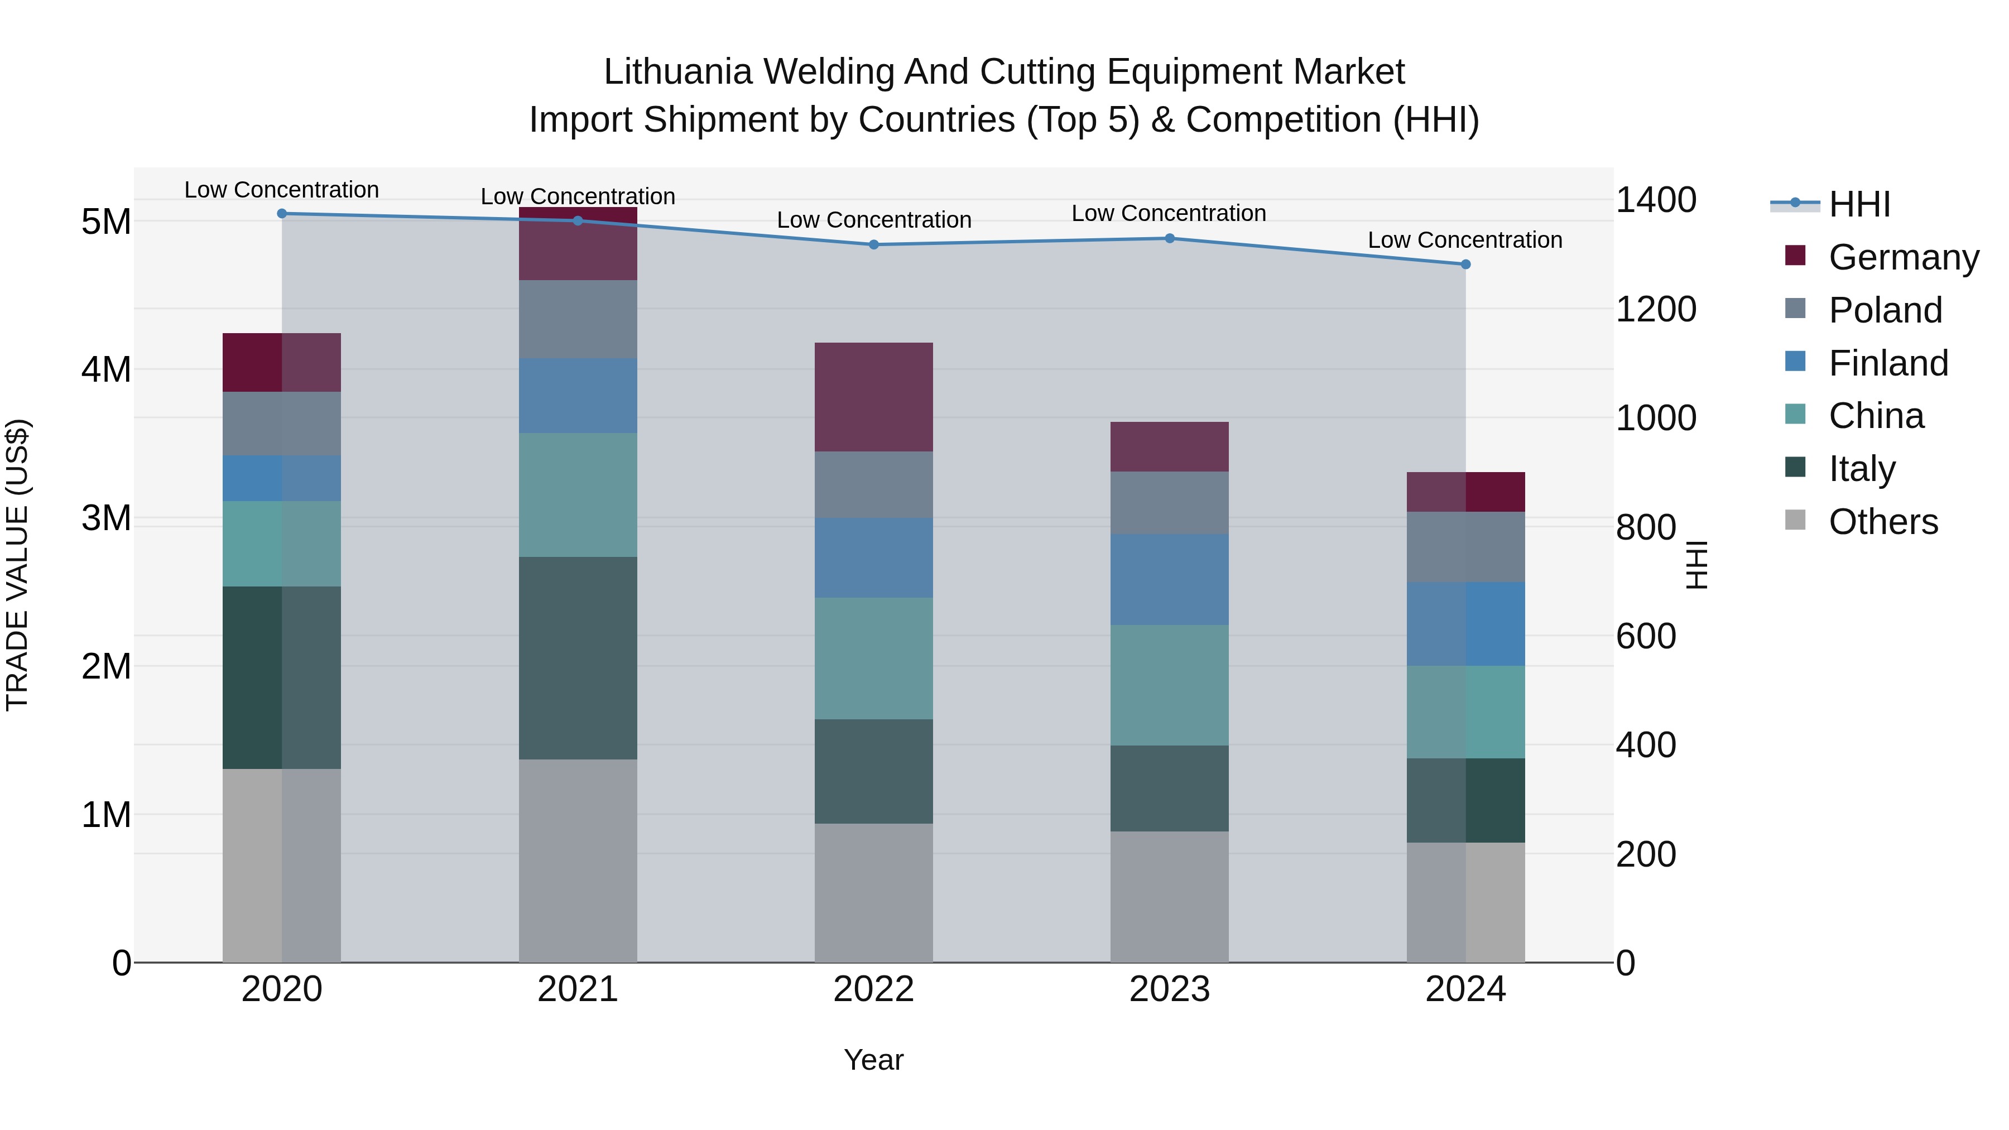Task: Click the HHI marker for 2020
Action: coord(282,214)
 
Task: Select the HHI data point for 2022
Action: coord(873,245)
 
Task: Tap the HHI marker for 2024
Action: coord(1465,265)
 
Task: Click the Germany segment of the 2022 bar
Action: coord(873,397)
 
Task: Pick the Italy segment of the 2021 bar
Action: coord(578,658)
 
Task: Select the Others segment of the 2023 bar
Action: coord(1169,897)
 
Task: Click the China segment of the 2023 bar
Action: coord(1169,685)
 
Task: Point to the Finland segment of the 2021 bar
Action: coord(578,396)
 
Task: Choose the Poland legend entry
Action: coord(1884,310)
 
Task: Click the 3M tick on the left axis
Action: coord(106,518)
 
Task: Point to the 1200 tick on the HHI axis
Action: coord(1655,310)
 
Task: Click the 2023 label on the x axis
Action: coord(1169,989)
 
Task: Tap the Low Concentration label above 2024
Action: coord(1465,240)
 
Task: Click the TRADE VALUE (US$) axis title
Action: coord(17,565)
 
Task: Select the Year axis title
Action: coord(873,1060)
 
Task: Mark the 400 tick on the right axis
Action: coord(1646,746)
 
